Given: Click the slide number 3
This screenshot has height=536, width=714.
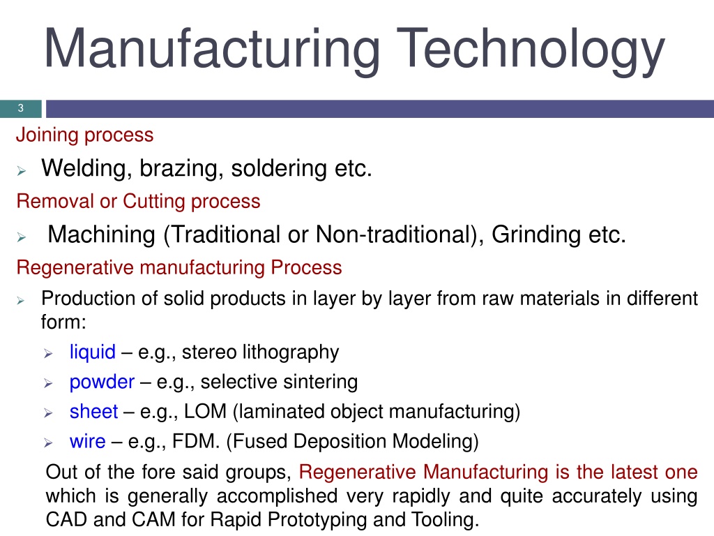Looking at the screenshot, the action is [x=20, y=108].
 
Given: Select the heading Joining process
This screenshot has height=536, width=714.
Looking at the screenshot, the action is [x=84, y=135].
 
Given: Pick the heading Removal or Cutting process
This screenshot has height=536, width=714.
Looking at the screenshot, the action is [x=139, y=202].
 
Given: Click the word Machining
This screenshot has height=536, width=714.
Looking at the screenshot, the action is [x=102, y=234].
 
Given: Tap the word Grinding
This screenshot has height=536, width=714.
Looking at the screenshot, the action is [x=536, y=234].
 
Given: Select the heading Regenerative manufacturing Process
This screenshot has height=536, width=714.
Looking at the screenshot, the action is [x=179, y=267].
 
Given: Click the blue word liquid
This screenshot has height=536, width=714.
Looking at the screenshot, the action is [x=93, y=352].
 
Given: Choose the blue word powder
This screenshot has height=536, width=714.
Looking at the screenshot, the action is [x=102, y=382].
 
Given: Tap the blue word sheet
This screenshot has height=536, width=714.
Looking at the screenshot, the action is [x=94, y=412].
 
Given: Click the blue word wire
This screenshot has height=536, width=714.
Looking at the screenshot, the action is [x=87, y=441].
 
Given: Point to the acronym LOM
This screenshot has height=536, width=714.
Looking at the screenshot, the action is [x=206, y=412].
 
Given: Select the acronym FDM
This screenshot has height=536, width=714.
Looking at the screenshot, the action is [x=196, y=441].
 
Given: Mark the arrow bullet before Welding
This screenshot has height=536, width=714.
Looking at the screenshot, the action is [x=22, y=171].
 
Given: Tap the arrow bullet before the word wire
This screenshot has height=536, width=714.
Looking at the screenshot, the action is [x=48, y=442].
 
